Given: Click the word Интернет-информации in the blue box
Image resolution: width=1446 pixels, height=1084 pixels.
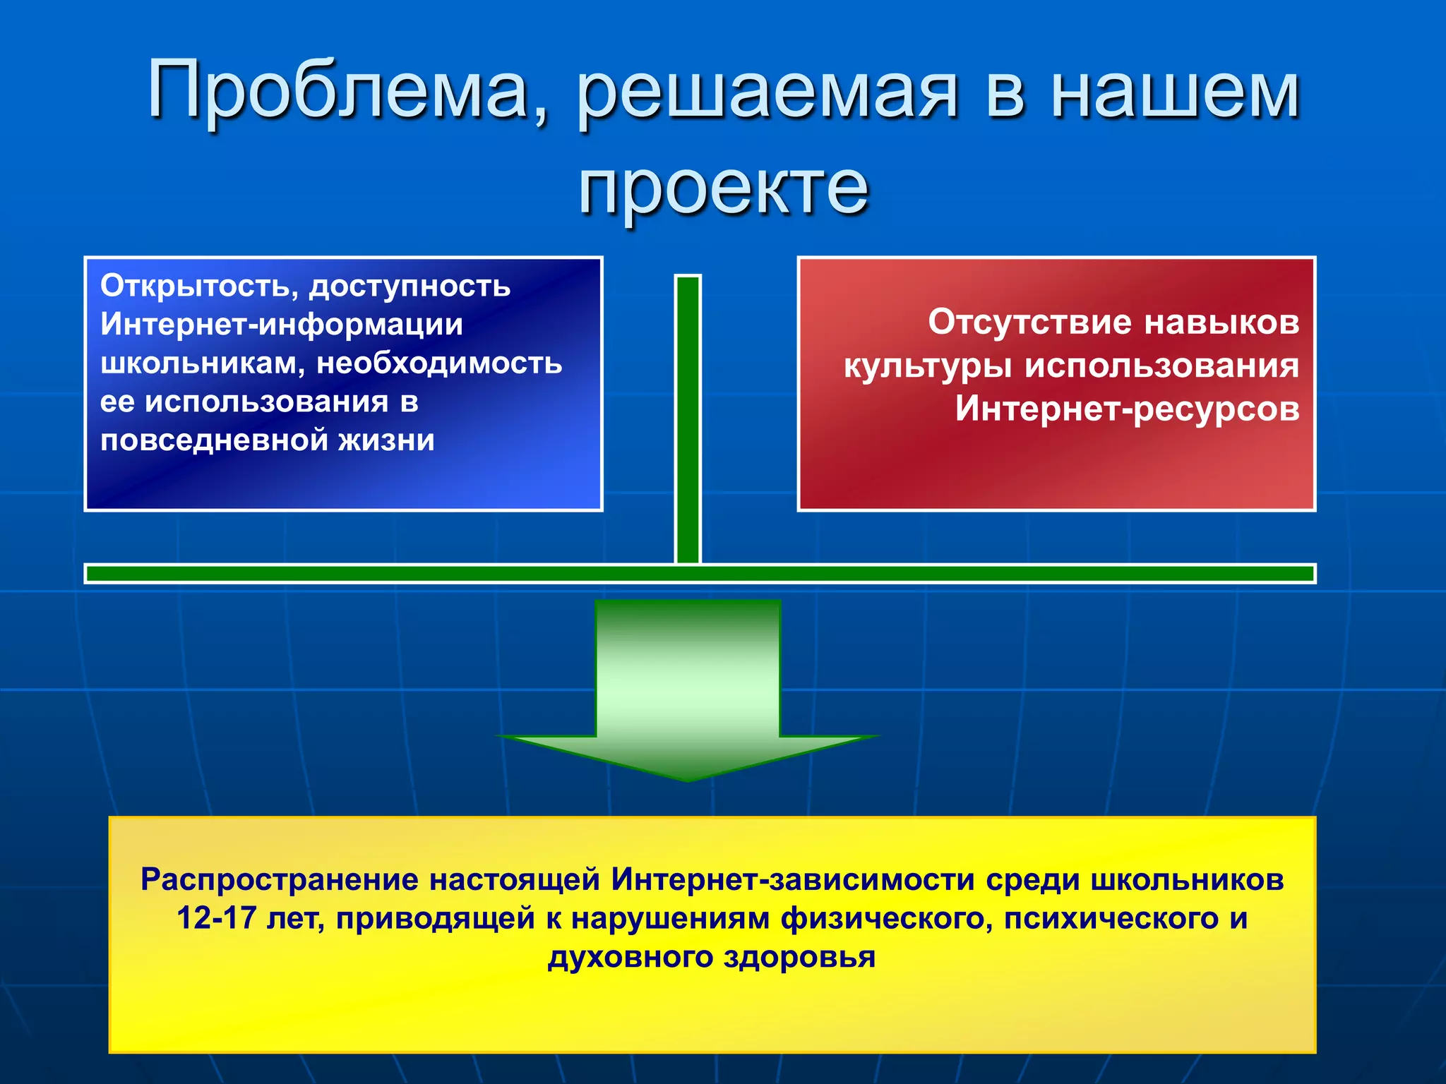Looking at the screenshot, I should (x=281, y=325).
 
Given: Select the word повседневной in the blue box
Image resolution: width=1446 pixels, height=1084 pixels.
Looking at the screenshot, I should (x=213, y=440).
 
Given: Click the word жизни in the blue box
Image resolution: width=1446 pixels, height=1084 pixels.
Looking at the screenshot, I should (x=386, y=440).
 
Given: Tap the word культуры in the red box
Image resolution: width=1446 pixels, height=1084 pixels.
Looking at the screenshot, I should (x=928, y=366).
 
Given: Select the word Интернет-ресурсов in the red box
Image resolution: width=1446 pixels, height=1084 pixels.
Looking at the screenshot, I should (x=1127, y=409).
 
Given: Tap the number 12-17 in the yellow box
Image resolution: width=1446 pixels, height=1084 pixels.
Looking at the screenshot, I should (x=216, y=919).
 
